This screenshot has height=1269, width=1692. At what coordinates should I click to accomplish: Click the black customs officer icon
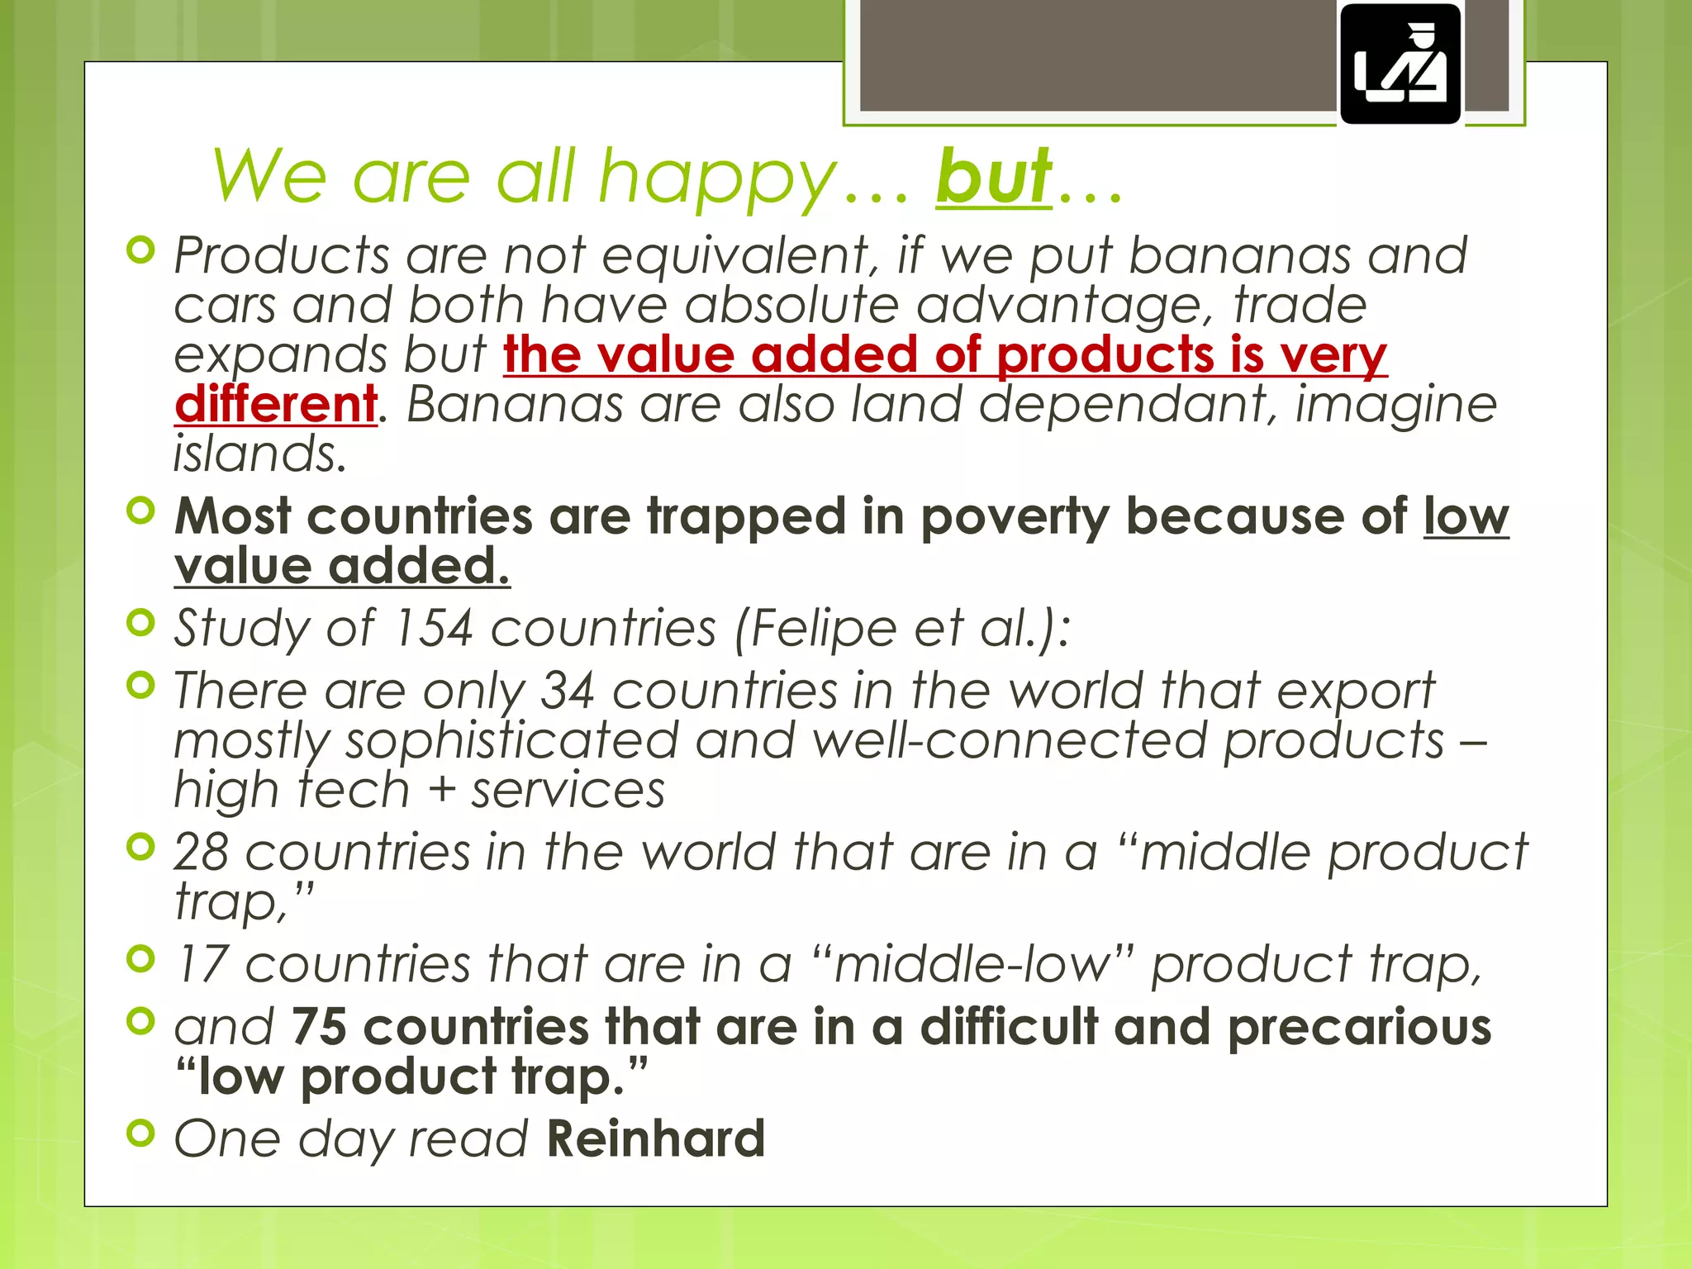pyautogui.click(x=1400, y=64)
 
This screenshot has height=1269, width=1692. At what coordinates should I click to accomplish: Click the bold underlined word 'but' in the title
pyautogui.click(x=994, y=176)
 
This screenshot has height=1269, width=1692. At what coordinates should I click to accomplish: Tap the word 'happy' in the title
pyautogui.click(x=717, y=178)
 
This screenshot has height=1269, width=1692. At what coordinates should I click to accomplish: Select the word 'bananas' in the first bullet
pyautogui.click(x=1239, y=255)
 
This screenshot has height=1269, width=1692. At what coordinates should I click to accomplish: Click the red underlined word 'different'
pyautogui.click(x=276, y=404)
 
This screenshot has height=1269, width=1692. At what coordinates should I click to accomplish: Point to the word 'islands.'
pyautogui.click(x=259, y=454)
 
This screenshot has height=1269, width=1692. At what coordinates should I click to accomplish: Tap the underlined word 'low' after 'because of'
pyautogui.click(x=1466, y=517)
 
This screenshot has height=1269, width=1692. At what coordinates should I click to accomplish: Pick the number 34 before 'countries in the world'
pyautogui.click(x=568, y=691)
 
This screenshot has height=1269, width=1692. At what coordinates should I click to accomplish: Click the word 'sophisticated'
pyautogui.click(x=512, y=740)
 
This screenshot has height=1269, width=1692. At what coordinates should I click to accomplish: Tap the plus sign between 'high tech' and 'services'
pyautogui.click(x=442, y=790)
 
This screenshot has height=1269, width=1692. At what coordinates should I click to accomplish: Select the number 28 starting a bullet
pyautogui.click(x=201, y=852)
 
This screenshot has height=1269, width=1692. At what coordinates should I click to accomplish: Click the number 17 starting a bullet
pyautogui.click(x=201, y=964)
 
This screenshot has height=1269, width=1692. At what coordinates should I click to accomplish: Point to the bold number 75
pyautogui.click(x=318, y=1027)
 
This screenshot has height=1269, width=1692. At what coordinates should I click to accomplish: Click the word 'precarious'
pyautogui.click(x=1359, y=1027)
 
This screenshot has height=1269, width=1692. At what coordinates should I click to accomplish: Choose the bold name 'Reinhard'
pyautogui.click(x=655, y=1138)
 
